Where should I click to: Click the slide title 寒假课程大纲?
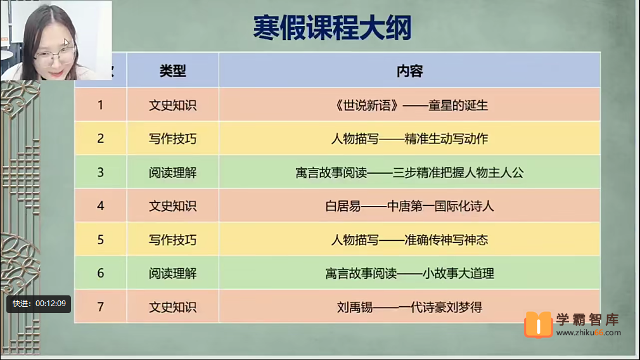(331, 29)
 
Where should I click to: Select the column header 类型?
(172, 71)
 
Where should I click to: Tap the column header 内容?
(409, 71)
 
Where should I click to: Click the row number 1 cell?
(100, 105)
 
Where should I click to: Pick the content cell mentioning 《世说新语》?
(409, 105)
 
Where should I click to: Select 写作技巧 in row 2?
(172, 138)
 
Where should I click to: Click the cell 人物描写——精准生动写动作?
(409, 138)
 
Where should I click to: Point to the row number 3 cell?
(100, 172)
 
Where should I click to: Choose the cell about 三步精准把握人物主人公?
(409, 172)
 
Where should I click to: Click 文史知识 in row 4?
(172, 205)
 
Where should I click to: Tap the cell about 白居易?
(409, 205)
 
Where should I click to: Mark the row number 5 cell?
(100, 240)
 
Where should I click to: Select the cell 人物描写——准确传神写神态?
(409, 240)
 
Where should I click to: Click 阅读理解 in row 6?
(172, 273)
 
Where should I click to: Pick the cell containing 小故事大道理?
(409, 273)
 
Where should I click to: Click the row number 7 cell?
(100, 307)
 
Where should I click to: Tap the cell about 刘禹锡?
(409, 307)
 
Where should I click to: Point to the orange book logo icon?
(539, 325)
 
